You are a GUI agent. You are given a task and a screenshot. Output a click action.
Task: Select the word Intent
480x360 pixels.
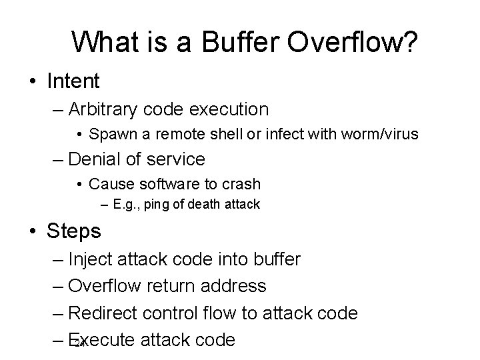click(x=73, y=81)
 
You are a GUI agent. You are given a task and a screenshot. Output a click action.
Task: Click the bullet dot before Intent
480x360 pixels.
click(x=32, y=82)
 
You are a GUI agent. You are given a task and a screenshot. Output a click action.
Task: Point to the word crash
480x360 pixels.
click(x=240, y=183)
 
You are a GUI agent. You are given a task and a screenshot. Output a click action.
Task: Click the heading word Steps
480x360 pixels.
click(x=74, y=231)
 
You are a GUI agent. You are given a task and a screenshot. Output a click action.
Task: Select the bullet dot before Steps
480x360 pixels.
click(x=32, y=231)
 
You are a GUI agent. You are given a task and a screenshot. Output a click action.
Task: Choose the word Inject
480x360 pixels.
click(x=91, y=259)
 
